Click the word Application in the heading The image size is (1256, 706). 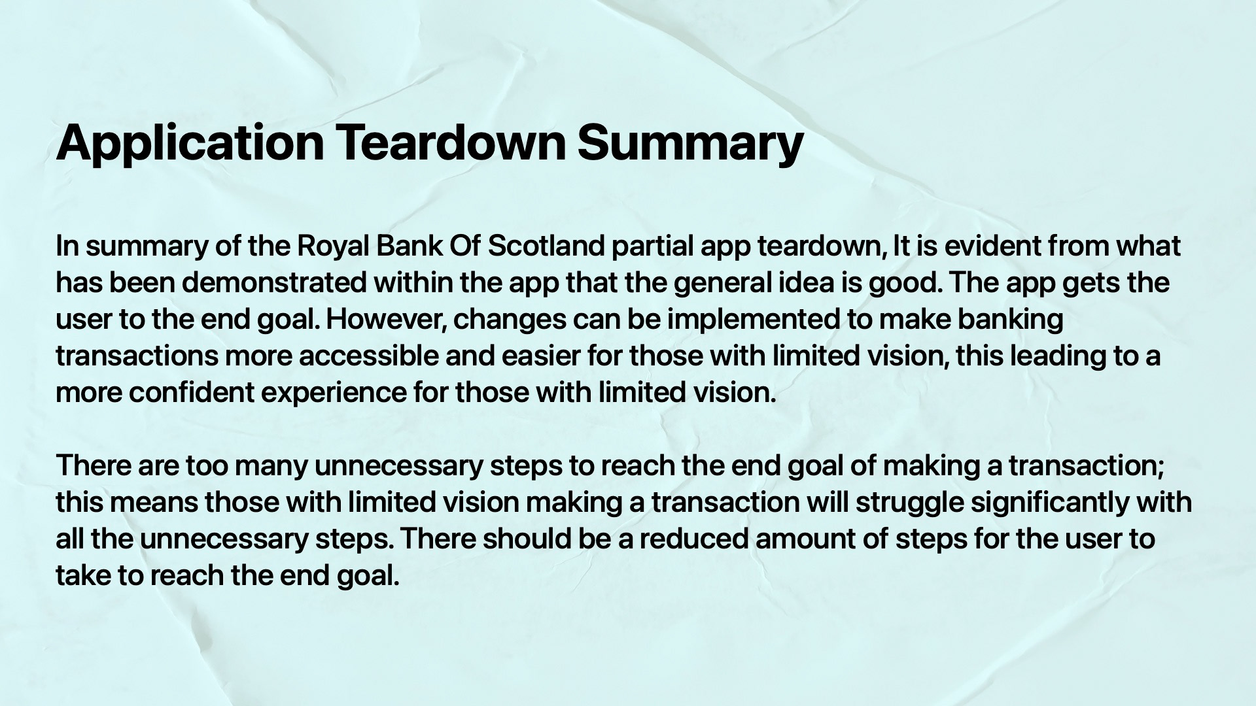tap(190, 143)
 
